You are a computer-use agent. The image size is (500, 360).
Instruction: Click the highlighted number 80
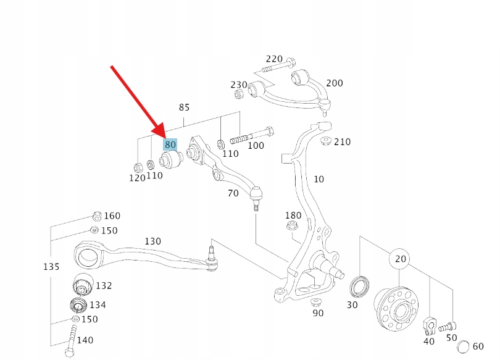point(170,144)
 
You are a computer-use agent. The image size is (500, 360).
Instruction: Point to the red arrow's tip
point(164,139)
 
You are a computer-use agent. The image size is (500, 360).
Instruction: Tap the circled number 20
point(401,259)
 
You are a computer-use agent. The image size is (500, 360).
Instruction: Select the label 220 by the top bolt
point(274,59)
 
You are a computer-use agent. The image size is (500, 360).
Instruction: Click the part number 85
point(185,107)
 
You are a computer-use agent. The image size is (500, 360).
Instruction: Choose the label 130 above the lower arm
point(152,241)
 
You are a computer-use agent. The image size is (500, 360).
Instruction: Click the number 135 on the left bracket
point(51,267)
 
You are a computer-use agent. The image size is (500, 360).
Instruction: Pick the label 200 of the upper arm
point(335,83)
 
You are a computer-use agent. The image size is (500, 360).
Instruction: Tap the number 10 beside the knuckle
point(319,179)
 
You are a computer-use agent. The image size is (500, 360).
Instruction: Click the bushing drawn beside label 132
point(83,284)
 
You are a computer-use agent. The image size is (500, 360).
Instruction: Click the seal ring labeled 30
point(360,287)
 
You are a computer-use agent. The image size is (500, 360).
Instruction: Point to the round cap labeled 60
point(464,346)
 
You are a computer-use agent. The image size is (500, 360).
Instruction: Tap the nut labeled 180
point(291,226)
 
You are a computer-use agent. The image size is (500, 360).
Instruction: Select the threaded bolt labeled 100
point(252,135)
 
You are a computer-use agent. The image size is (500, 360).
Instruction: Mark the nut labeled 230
point(239,94)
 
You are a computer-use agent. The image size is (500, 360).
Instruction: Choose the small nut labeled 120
point(138,167)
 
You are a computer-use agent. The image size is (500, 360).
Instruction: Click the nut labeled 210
point(325,140)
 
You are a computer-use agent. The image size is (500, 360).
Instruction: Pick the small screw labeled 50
point(447,327)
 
